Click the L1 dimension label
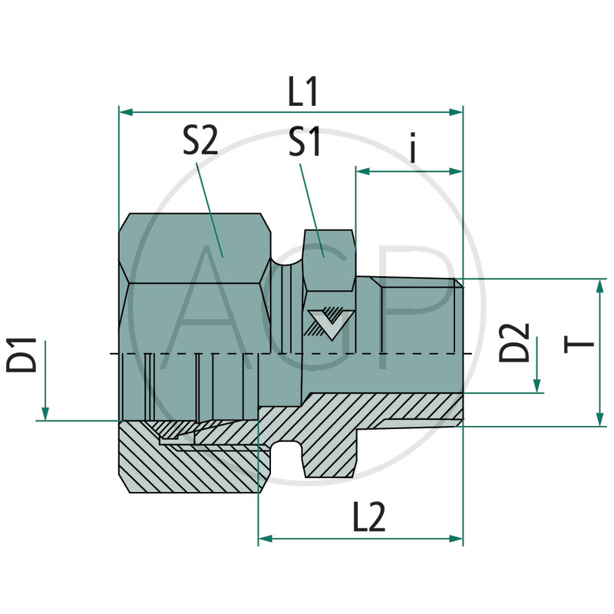(x=303, y=93)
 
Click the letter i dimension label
(x=413, y=149)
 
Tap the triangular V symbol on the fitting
(x=328, y=322)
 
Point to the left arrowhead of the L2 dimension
(x=266, y=540)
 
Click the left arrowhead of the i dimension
(x=362, y=171)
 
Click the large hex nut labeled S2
(x=196, y=253)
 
